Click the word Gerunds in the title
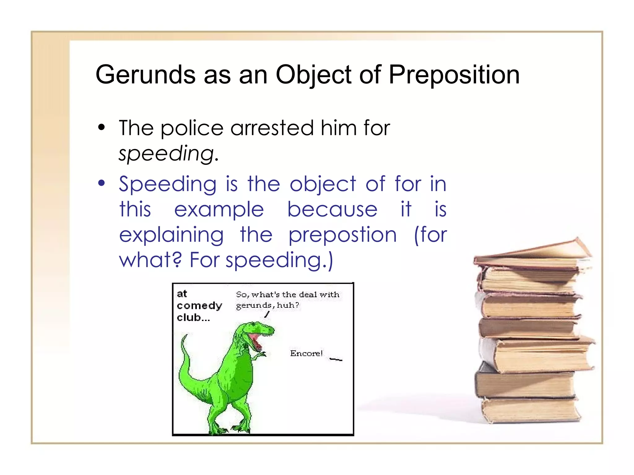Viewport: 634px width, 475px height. (x=145, y=75)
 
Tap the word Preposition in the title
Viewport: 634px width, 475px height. (x=454, y=75)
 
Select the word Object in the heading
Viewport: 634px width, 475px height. (x=313, y=75)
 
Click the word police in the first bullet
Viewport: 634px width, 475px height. (x=192, y=128)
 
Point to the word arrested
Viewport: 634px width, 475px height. (x=272, y=128)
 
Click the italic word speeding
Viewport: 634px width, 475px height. (x=167, y=154)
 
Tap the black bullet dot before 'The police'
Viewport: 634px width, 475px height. (x=101, y=127)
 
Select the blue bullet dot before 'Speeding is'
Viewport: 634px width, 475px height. (x=101, y=183)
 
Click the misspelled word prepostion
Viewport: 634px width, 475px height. (x=342, y=235)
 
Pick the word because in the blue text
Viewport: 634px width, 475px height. (x=332, y=209)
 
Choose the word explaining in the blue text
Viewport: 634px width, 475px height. (x=171, y=235)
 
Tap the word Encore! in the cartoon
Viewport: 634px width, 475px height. (x=306, y=353)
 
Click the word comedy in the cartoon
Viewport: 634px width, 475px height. (x=199, y=306)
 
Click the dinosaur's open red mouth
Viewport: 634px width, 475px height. (x=256, y=340)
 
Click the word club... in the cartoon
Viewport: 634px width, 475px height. (x=193, y=318)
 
